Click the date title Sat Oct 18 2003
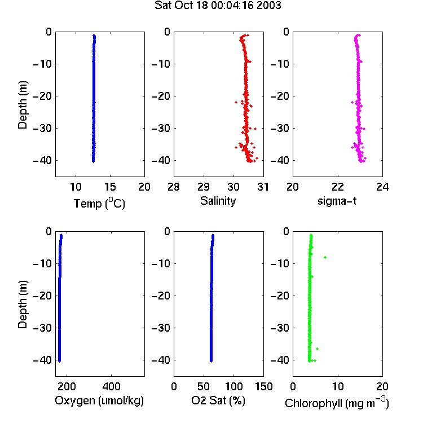coord(218,6)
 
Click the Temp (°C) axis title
coord(99,204)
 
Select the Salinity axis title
coord(218,201)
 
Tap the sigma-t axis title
coord(337,201)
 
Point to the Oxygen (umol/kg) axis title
coord(99,400)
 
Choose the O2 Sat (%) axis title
coord(218,400)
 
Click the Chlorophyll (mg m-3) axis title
coord(337,403)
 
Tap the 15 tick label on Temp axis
coord(110,187)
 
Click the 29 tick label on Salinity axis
coord(204,187)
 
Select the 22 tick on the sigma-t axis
coord(338,187)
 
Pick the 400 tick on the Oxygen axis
coord(112,386)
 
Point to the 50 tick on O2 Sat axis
coord(204,386)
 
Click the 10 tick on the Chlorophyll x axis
coord(338,386)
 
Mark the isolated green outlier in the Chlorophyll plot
coord(325,257)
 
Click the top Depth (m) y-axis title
coord(23,105)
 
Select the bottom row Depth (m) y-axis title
coord(23,305)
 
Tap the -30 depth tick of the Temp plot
coord(42,128)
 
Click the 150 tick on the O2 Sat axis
coord(264,386)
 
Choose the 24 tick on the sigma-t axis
coord(382,187)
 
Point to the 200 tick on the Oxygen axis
coord(67,386)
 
